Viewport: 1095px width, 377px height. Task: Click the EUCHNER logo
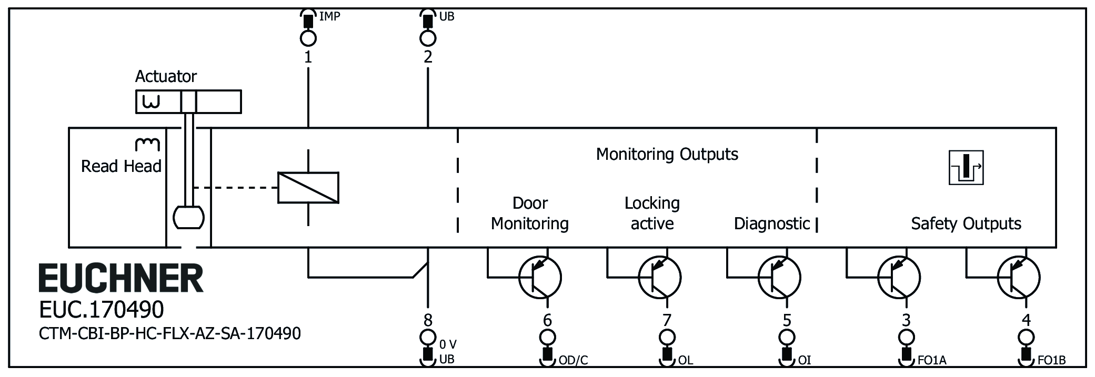click(120, 278)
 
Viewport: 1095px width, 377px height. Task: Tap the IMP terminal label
click(329, 16)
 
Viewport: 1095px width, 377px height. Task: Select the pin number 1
click(308, 57)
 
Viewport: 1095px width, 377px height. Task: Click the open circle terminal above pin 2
click(428, 38)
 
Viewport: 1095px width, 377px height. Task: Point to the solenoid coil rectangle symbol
click(308, 187)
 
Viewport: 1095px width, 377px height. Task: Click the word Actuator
click(166, 77)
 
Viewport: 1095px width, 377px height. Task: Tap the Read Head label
click(121, 166)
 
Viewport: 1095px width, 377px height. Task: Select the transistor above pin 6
click(540, 277)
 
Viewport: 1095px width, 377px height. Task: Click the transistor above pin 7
click(659, 277)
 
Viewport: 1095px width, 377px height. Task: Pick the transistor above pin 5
click(779, 277)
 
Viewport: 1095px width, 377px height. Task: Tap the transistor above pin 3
click(899, 277)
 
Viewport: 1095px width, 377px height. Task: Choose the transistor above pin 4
click(1019, 277)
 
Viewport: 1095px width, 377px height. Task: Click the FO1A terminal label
click(932, 360)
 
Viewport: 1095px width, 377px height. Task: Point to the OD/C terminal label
click(573, 360)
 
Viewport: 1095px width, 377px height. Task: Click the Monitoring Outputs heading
click(667, 154)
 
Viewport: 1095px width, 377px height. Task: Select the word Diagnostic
click(772, 223)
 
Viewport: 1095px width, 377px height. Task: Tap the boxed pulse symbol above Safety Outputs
click(966, 168)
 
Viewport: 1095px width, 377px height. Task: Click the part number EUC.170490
click(102, 310)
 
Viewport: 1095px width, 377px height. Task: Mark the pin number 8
click(428, 320)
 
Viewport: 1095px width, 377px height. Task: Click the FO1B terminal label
click(1051, 360)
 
